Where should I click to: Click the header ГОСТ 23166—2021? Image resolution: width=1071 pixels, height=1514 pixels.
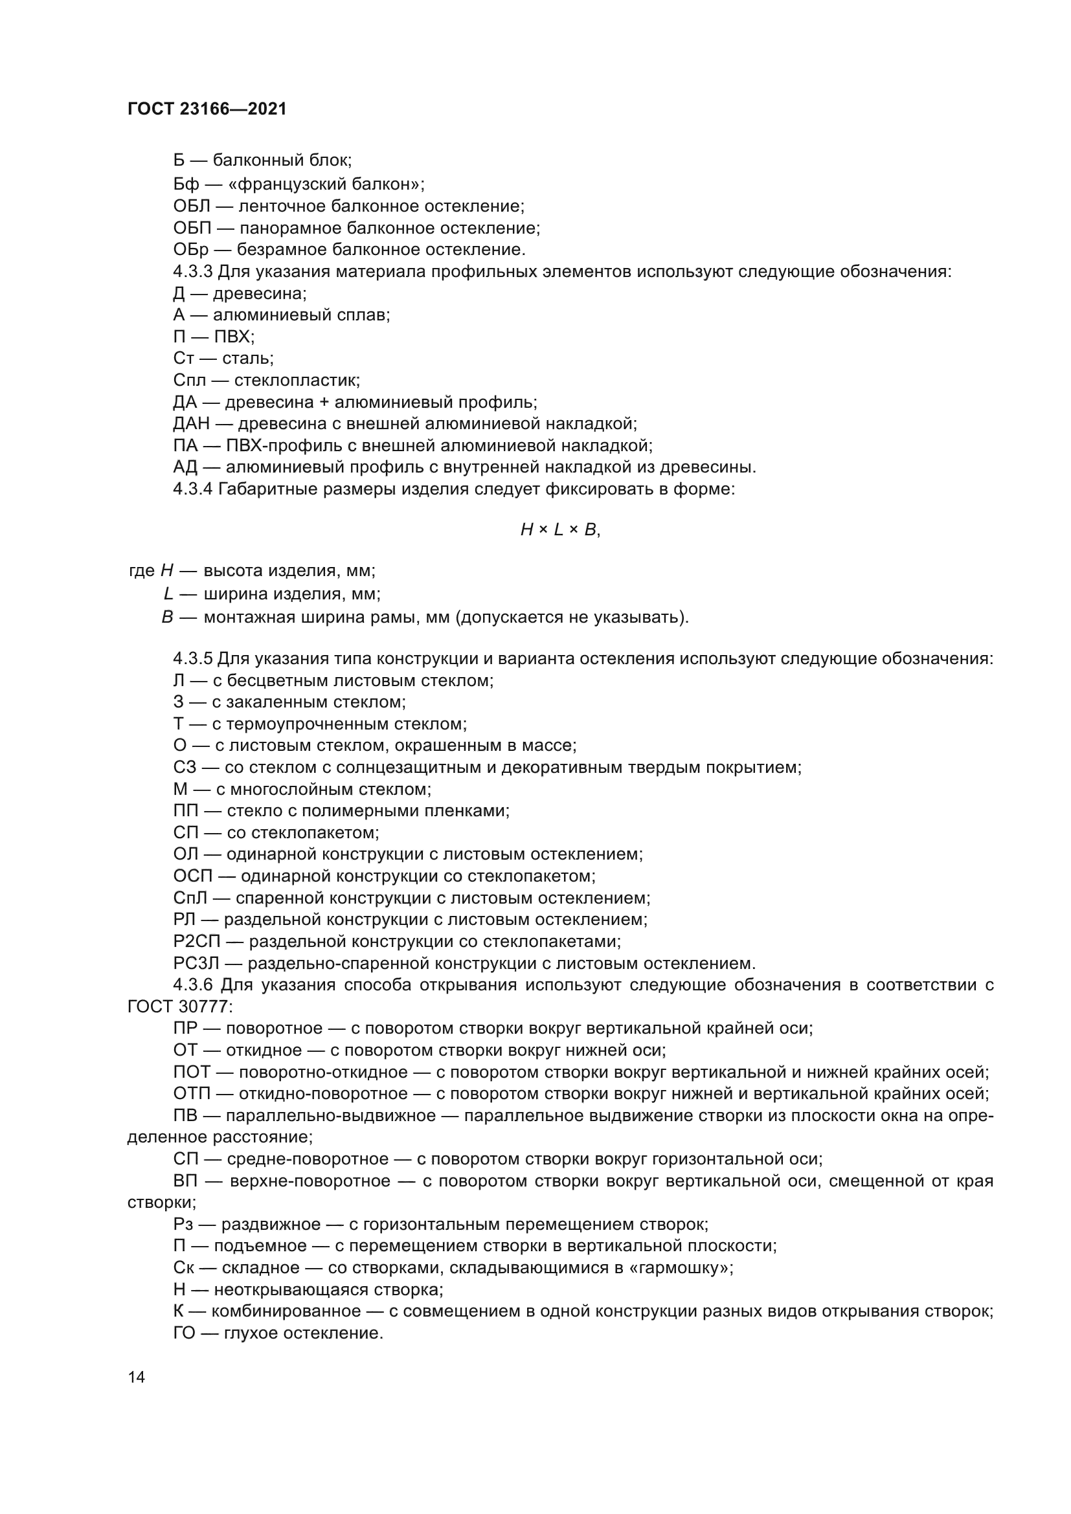pyautogui.click(x=207, y=109)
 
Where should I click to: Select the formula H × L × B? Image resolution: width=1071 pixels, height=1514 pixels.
pyautogui.click(x=560, y=529)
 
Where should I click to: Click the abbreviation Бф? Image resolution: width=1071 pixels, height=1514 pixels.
pyautogui.click(x=186, y=184)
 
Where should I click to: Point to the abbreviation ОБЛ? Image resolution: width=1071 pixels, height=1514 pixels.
pyautogui.click(x=192, y=206)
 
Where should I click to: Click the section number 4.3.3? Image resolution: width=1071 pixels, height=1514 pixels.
pyautogui.click(x=192, y=272)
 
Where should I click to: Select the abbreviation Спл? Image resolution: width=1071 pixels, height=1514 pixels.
pyautogui.click(x=190, y=381)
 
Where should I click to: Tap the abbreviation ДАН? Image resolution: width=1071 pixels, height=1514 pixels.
pyautogui.click(x=191, y=423)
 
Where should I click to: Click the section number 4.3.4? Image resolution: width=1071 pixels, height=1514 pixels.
pyautogui.click(x=192, y=489)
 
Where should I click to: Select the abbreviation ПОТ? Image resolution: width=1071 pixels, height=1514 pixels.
pyautogui.click(x=192, y=1072)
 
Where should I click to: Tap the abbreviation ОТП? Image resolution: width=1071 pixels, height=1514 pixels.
pyautogui.click(x=192, y=1094)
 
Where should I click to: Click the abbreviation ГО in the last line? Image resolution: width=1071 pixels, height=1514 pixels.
pyautogui.click(x=185, y=1333)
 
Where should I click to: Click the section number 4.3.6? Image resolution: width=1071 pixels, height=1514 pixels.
pyautogui.click(x=192, y=985)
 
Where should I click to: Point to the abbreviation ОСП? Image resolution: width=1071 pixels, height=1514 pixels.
pyautogui.click(x=193, y=876)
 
